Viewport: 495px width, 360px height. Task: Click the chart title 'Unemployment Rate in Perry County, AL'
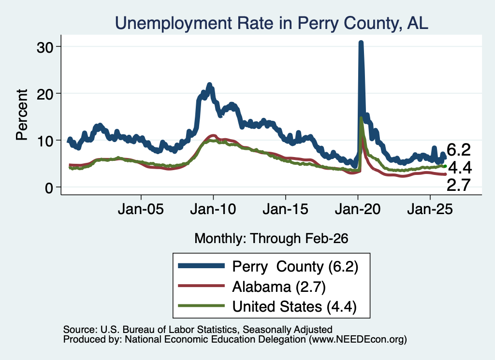[272, 23]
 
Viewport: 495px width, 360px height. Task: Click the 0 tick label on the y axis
[49, 187]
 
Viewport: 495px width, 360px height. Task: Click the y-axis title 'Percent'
[22, 115]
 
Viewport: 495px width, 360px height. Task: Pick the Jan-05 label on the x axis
[141, 209]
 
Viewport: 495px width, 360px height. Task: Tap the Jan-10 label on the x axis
[213, 209]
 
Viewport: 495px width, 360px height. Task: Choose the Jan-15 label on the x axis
[285, 209]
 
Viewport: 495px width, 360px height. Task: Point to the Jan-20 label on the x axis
[358, 209]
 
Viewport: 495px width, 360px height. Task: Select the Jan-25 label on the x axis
[430, 209]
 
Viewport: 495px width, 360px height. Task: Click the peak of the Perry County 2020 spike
[361, 42]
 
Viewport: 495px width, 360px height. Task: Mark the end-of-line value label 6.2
[459, 149]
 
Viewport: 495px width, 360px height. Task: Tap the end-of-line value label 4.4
[460, 168]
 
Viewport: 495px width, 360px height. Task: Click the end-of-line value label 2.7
[459, 185]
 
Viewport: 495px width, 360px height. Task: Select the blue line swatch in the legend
[202, 266]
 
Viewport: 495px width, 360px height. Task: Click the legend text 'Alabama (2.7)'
[279, 287]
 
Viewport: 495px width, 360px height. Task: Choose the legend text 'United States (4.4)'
[294, 306]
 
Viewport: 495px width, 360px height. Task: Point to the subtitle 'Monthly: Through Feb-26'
[271, 238]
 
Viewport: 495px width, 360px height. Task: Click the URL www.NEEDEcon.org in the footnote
[358, 340]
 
